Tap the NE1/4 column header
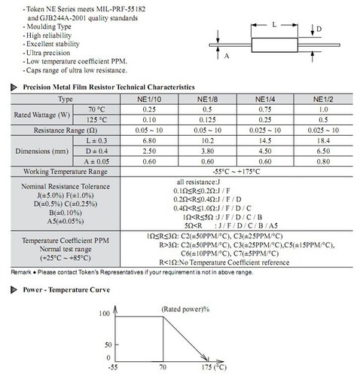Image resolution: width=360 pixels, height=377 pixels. point(265,98)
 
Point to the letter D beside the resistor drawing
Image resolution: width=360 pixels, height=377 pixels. point(319,29)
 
